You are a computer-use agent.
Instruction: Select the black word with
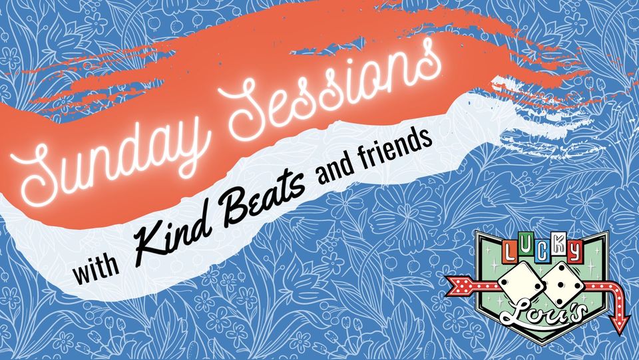(96, 268)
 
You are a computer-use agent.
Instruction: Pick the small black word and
(335, 170)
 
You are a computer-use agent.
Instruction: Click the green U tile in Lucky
(525, 250)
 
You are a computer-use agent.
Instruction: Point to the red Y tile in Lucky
(574, 250)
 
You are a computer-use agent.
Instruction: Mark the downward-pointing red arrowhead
(619, 323)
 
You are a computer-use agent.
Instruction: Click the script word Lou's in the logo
(544, 314)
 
